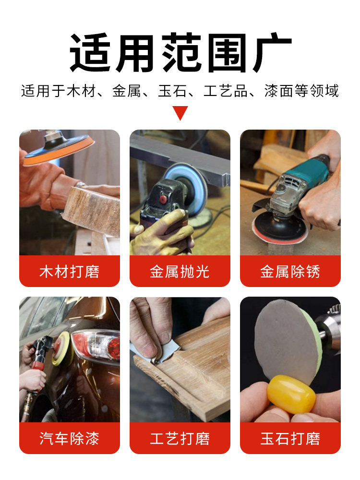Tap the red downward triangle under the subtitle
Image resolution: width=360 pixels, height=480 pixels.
pos(180,113)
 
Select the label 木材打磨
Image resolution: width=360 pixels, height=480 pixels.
pos(70,272)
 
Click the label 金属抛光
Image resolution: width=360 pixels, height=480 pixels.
pos(180,272)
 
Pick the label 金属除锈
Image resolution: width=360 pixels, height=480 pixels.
pos(290,272)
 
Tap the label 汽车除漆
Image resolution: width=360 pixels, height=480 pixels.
pos(70,438)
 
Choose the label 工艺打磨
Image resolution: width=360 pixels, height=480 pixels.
pos(180,438)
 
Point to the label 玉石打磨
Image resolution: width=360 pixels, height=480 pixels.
pos(290,438)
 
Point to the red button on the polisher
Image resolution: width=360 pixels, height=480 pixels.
pos(163,199)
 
